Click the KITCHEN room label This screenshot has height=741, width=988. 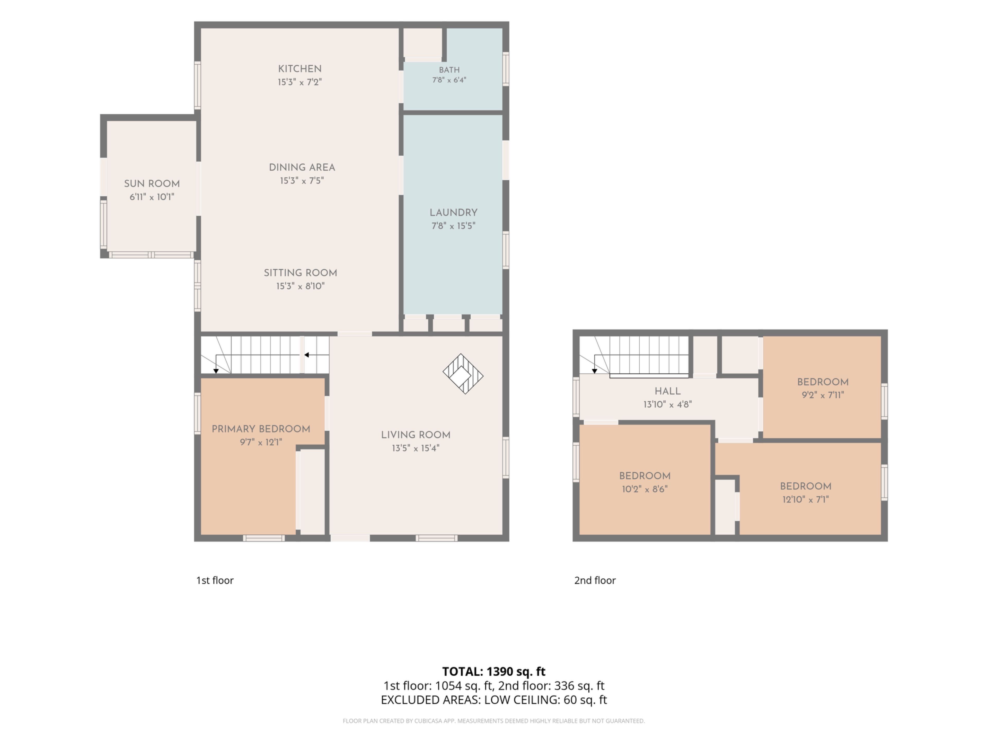click(300, 69)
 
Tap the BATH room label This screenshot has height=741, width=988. click(449, 70)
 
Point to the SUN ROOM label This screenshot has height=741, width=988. click(152, 183)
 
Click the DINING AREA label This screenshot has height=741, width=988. click(302, 167)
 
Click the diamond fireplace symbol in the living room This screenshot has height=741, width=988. click(463, 374)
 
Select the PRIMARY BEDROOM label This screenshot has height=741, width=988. click(261, 429)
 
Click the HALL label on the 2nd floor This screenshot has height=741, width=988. click(667, 391)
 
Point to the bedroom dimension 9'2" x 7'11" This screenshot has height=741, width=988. click(823, 395)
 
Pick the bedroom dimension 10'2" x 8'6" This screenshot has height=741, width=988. click(645, 489)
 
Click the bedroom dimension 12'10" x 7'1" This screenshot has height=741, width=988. click(805, 499)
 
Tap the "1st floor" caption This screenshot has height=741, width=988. click(215, 580)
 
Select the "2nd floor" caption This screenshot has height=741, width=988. click(595, 580)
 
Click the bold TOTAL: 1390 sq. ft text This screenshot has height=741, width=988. click(493, 671)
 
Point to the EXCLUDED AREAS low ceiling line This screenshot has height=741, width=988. click(493, 700)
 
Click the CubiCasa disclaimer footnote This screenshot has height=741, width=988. click(493, 721)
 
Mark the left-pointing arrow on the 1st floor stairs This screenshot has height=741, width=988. click(317, 355)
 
